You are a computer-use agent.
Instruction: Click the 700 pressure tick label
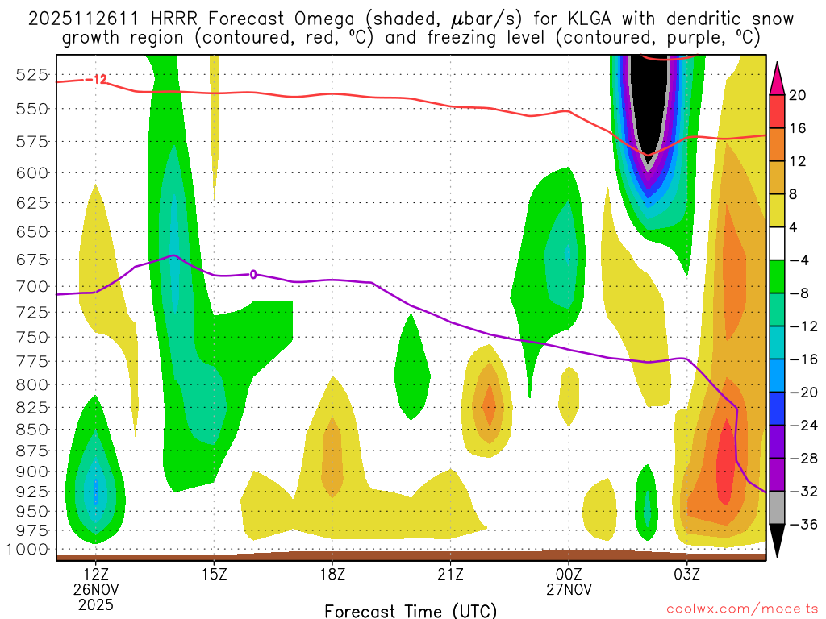click(x=31, y=286)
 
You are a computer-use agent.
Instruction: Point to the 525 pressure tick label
click(x=31, y=75)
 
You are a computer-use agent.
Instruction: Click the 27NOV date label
click(x=569, y=589)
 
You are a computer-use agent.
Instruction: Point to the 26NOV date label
click(x=96, y=589)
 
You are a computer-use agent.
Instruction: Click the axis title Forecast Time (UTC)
click(x=411, y=610)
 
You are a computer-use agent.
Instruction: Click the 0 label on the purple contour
click(x=253, y=274)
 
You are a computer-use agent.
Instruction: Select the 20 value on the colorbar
click(x=799, y=95)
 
